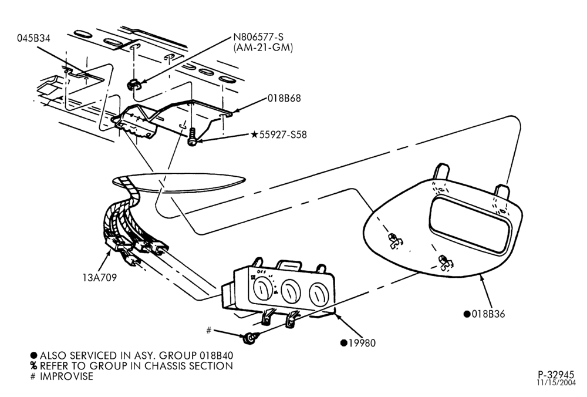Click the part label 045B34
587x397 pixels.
pyautogui.click(x=33, y=38)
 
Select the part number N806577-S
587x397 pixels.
pyautogui.click(x=258, y=36)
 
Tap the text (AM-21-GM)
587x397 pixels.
pyautogui.click(x=263, y=48)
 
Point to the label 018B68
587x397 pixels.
pyautogui.click(x=284, y=98)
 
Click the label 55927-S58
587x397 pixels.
pyautogui.click(x=283, y=134)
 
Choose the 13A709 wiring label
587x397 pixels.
pyautogui.click(x=100, y=278)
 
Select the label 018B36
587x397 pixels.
pyautogui.click(x=488, y=314)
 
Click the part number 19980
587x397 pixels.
pyautogui.click(x=362, y=343)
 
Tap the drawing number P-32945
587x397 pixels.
pyautogui.click(x=556, y=375)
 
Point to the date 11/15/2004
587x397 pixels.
pyautogui.click(x=556, y=383)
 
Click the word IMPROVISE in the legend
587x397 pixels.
pyautogui.click(x=67, y=376)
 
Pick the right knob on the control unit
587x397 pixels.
pyautogui.click(x=317, y=293)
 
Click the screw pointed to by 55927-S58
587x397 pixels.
pyautogui.click(x=193, y=137)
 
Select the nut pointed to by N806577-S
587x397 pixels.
pyautogui.click(x=134, y=85)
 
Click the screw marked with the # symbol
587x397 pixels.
pyautogui.click(x=248, y=339)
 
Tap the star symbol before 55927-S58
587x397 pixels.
pyautogui.click(x=255, y=134)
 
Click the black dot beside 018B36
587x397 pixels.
pyautogui.click(x=467, y=314)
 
